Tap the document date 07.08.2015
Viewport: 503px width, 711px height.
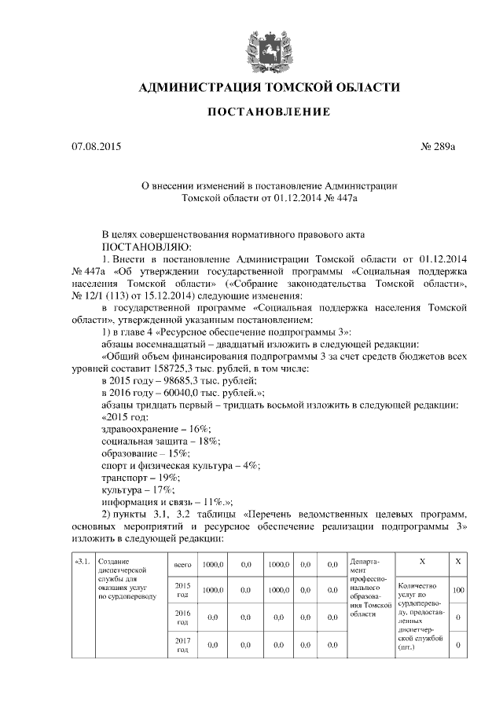pyautogui.click(x=97, y=147)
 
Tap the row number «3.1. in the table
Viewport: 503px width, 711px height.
pyautogui.click(x=83, y=563)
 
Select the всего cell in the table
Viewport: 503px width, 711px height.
pyautogui.click(x=182, y=564)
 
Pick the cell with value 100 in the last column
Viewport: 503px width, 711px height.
pyautogui.click(x=457, y=590)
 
